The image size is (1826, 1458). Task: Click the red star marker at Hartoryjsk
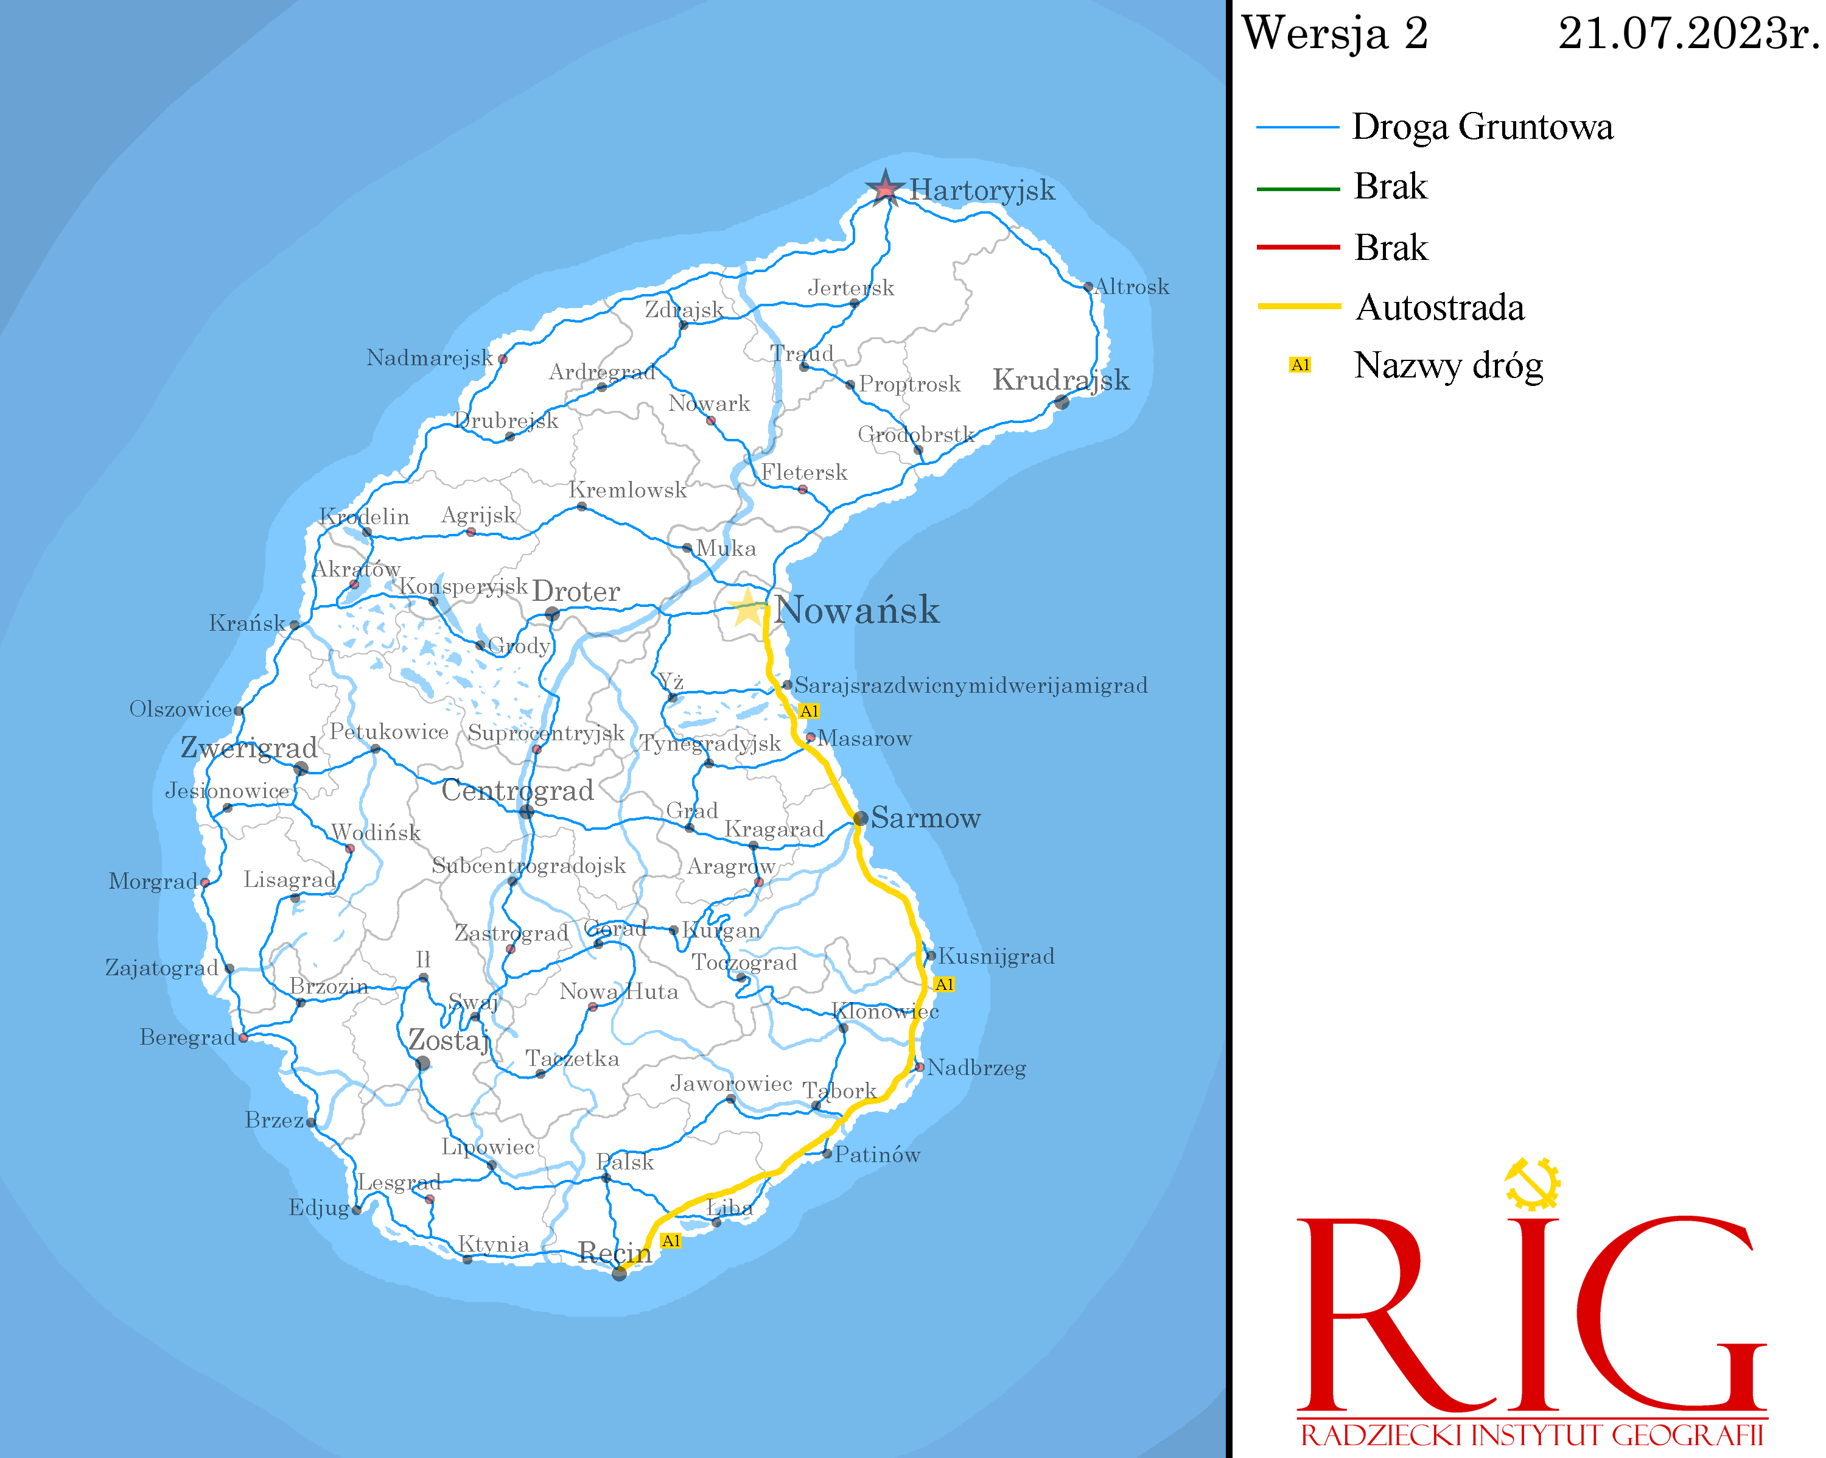pyautogui.click(x=885, y=188)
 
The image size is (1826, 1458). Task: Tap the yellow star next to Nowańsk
pyautogui.click(x=747, y=608)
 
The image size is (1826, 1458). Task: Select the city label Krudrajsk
pyautogui.click(x=1060, y=379)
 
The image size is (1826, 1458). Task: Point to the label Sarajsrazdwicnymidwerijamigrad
pyautogui.click(x=971, y=685)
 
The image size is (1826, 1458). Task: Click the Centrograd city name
pyautogui.click(x=517, y=790)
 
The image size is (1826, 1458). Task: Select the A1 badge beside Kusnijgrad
pyautogui.click(x=944, y=984)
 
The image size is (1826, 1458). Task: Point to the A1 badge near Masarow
pyautogui.click(x=809, y=711)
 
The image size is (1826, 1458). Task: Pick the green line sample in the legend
pyautogui.click(x=1298, y=188)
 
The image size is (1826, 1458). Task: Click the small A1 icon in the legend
pyautogui.click(x=1300, y=365)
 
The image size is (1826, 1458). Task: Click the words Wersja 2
pyautogui.click(x=1335, y=34)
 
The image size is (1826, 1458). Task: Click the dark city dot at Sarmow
pyautogui.click(x=861, y=818)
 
